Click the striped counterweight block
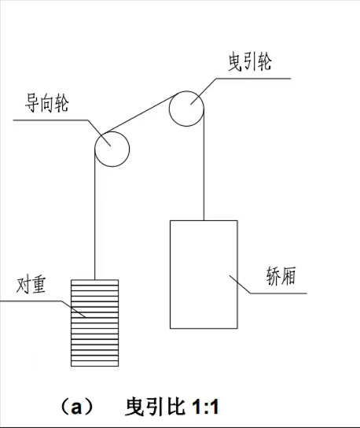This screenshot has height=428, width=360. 94,323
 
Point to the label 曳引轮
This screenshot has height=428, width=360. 250,62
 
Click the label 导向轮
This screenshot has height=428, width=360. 46,103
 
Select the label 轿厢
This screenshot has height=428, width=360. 281,276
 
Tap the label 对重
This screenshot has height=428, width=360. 31,286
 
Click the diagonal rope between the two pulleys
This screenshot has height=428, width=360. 141,113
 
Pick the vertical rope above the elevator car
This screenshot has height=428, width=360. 204,164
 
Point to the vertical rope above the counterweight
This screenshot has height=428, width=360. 95,214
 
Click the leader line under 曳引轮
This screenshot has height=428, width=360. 240,79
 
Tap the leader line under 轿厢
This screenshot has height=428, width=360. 267,293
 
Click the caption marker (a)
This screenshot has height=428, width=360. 76,408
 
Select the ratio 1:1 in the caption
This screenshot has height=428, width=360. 205,408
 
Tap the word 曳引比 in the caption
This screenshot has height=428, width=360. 155,407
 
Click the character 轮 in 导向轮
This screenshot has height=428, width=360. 61,103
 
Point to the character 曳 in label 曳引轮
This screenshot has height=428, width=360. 235,62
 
